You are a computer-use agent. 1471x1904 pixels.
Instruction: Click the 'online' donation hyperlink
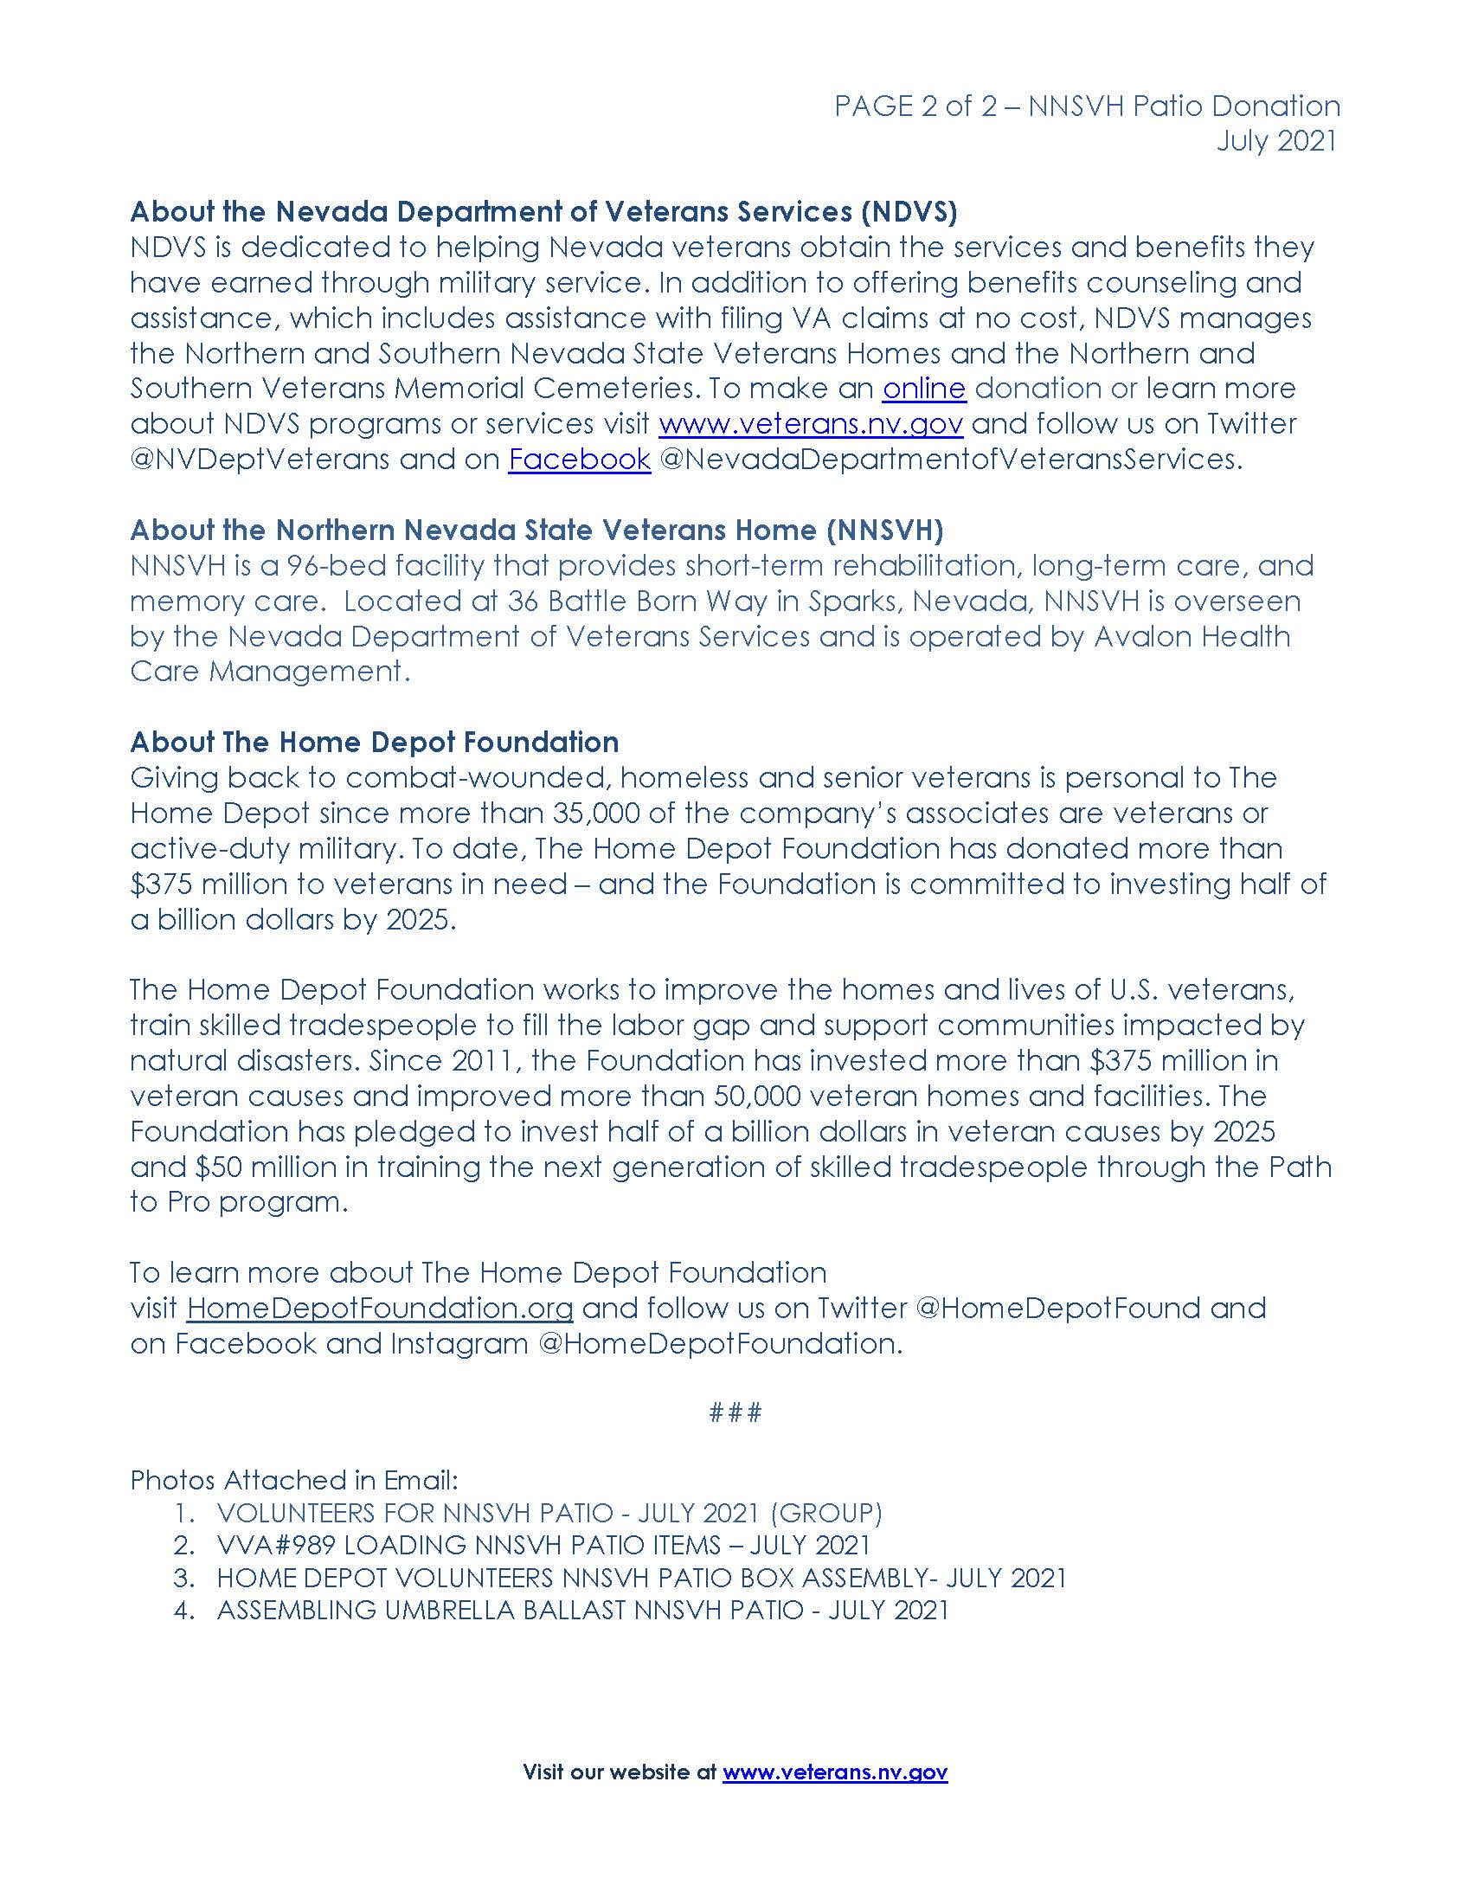pos(924,388)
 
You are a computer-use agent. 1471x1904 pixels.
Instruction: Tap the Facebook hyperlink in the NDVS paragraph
pos(580,459)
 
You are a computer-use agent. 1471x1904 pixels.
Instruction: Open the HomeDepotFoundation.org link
pos(380,1308)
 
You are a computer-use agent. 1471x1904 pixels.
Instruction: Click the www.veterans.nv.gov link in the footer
pos(835,1772)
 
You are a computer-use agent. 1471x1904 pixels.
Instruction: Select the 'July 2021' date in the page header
pos(1276,141)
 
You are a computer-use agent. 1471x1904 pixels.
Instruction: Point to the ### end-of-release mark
pos(735,1412)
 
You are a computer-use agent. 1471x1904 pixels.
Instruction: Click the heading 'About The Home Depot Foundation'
pos(375,742)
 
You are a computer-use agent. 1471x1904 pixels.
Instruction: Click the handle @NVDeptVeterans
pos(260,459)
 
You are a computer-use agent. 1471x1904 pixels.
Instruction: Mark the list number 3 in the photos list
pos(183,1578)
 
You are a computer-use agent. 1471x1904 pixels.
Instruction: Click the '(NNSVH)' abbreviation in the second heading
pos(885,530)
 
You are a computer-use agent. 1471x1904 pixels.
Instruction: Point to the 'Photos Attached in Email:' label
pos(294,1479)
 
